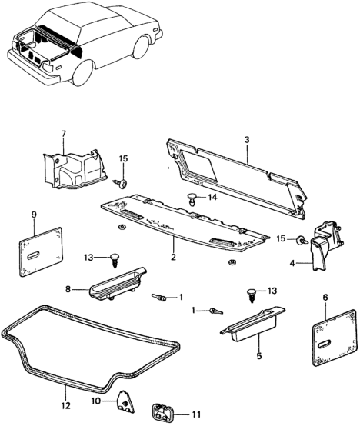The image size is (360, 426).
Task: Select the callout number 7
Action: pyautogui.click(x=64, y=135)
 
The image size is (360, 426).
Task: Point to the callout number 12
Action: pyautogui.click(x=65, y=405)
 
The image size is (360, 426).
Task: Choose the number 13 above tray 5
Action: pyautogui.click(x=270, y=291)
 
